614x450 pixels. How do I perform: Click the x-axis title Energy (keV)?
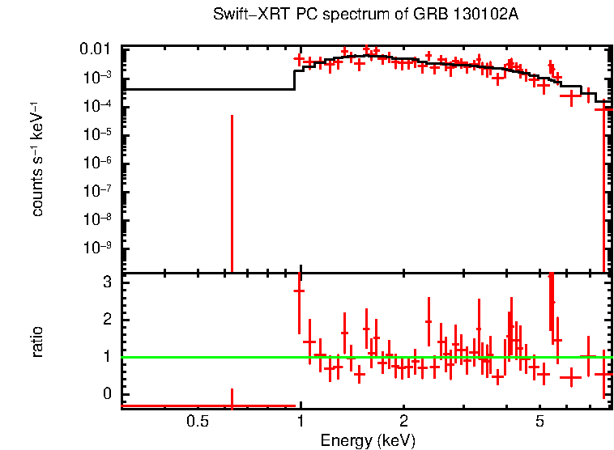(368, 440)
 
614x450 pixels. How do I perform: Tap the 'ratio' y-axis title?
(37, 342)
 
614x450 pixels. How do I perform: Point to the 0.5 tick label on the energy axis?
(198, 422)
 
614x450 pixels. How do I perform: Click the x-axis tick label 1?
(301, 422)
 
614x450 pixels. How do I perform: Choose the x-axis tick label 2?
(403, 422)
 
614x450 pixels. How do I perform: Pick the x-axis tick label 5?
(539, 422)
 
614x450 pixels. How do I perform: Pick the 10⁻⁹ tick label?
(99, 248)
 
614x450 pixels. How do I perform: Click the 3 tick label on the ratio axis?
(107, 282)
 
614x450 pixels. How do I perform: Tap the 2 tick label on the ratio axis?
(107, 320)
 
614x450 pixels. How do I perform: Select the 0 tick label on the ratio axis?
(107, 394)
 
